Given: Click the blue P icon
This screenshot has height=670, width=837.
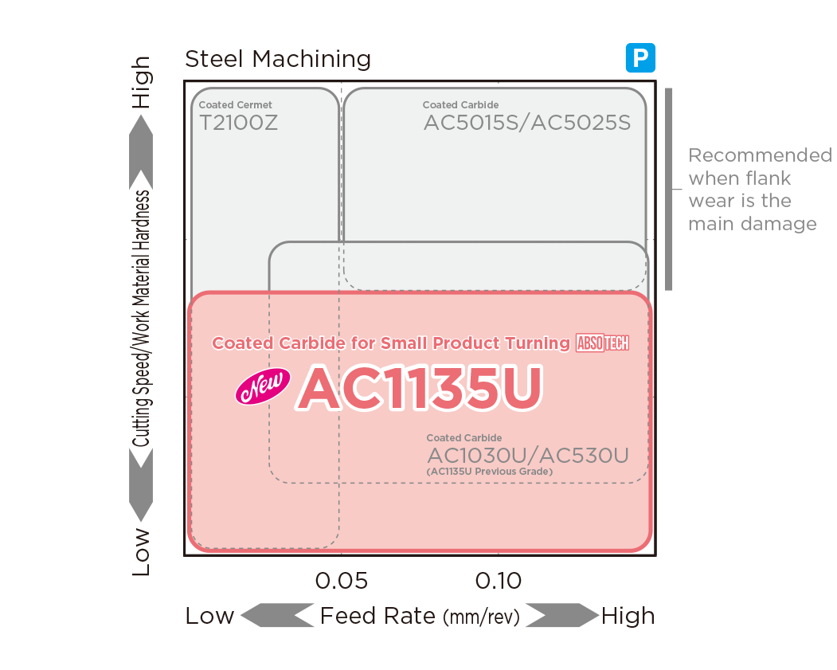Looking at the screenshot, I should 640,58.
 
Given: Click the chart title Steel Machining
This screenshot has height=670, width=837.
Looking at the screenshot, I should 277,59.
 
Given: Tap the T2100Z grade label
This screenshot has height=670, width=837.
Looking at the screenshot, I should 238,123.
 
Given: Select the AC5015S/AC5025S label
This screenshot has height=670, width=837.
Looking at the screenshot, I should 527,123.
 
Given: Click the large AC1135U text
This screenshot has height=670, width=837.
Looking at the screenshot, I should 420,389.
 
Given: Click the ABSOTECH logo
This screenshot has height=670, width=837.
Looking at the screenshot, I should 602,343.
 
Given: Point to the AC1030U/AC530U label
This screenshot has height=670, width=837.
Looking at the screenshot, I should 528,456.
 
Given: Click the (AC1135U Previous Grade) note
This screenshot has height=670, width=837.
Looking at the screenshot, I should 490,472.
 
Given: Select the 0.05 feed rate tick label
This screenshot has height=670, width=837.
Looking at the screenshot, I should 342,581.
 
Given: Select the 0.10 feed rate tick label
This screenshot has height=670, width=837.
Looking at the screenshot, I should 499,581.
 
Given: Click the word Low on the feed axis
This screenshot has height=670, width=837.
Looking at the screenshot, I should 209,616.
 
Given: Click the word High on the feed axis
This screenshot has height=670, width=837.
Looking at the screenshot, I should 628,616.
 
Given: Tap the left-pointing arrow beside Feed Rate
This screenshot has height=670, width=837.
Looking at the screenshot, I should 276,615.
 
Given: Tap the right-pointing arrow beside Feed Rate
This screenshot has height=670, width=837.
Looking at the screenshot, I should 561,615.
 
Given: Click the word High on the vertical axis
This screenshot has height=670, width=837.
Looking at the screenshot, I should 141,83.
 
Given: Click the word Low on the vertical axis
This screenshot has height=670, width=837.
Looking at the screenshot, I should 141,551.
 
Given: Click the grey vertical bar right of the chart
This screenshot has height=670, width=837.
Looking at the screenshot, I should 669,189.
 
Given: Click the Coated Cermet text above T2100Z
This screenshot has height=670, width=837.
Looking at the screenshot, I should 235,104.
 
